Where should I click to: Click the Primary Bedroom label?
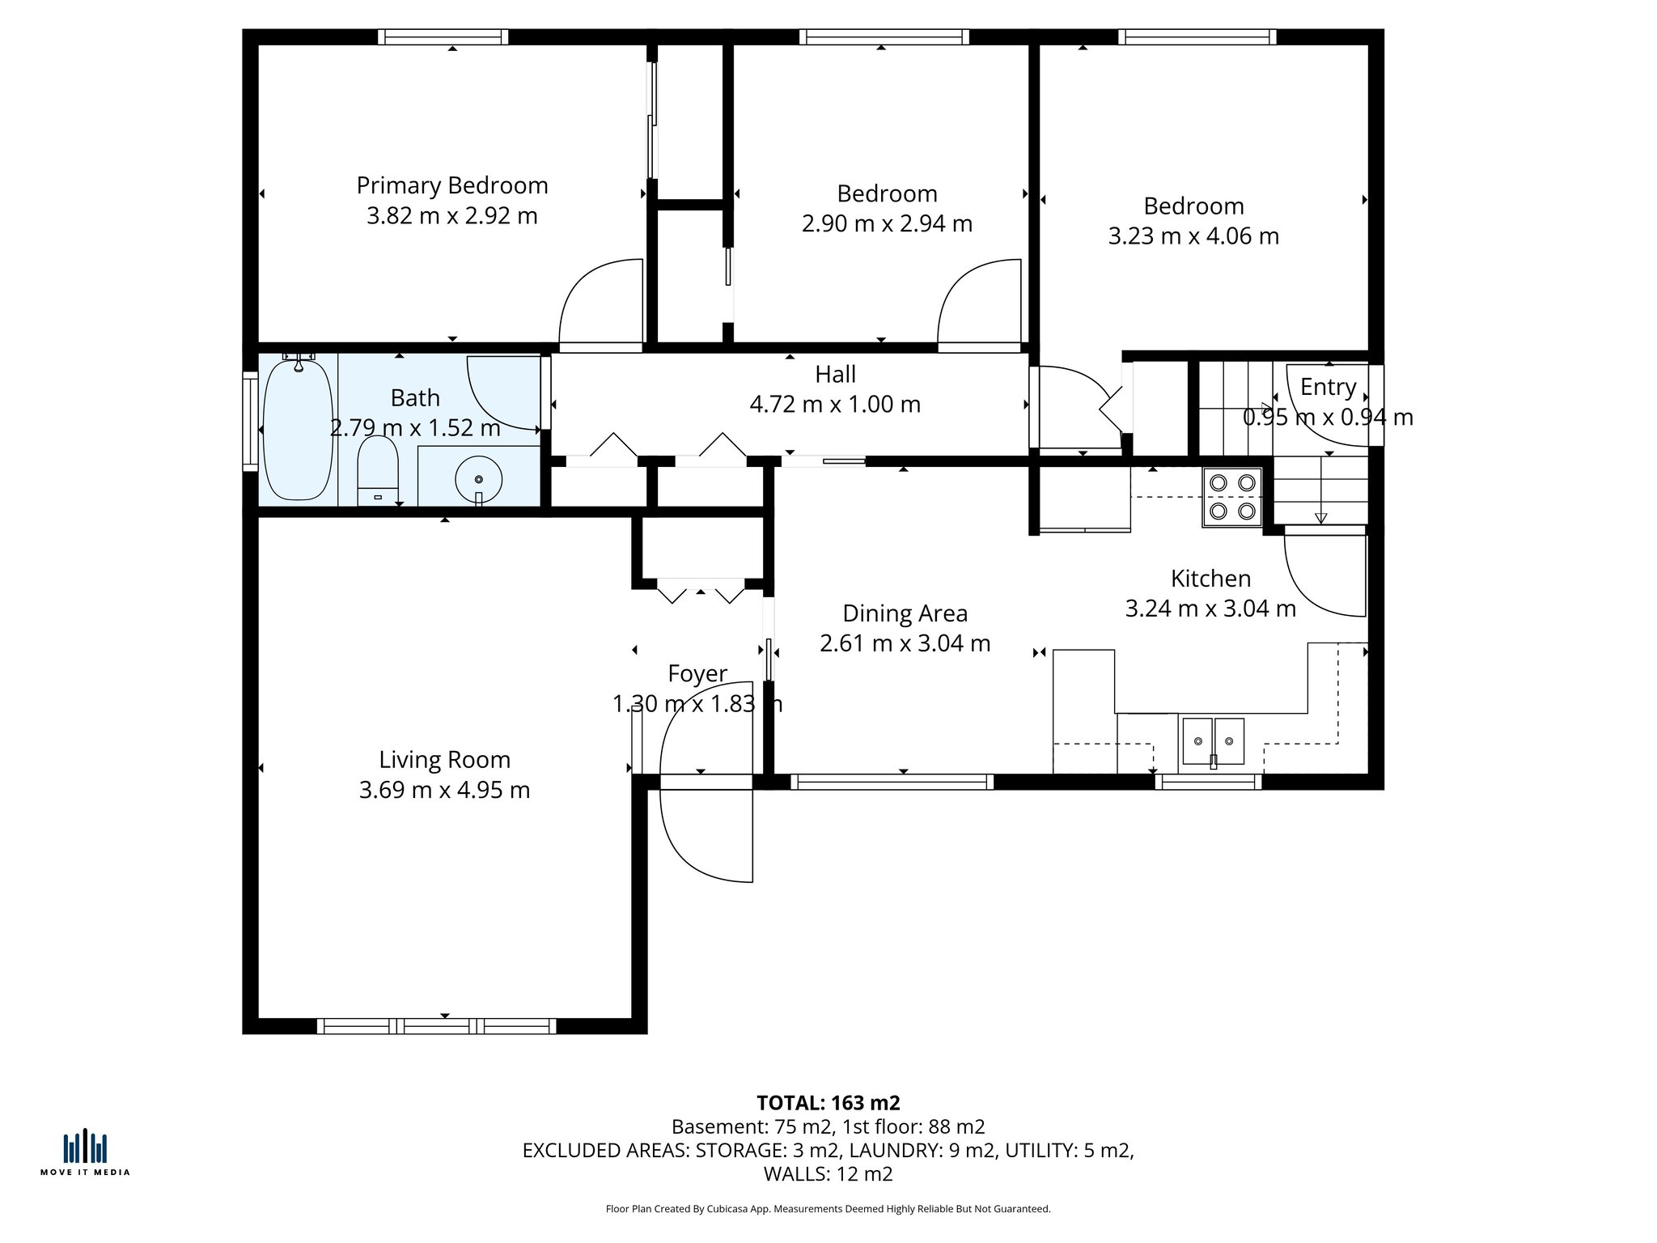452,185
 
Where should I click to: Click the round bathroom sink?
478,480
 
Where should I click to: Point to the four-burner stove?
1231,497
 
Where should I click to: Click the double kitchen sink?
1213,740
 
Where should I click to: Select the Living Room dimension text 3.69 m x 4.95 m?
444,790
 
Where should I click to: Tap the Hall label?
835,375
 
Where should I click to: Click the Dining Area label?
905,613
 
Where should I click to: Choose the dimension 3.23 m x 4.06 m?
1193,236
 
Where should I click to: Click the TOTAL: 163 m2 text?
828,1103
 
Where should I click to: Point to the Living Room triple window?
436,1026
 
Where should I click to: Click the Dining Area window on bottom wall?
891,782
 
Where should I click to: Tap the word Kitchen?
1210,579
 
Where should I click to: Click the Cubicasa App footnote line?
828,1209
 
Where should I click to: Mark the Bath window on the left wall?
250,421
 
